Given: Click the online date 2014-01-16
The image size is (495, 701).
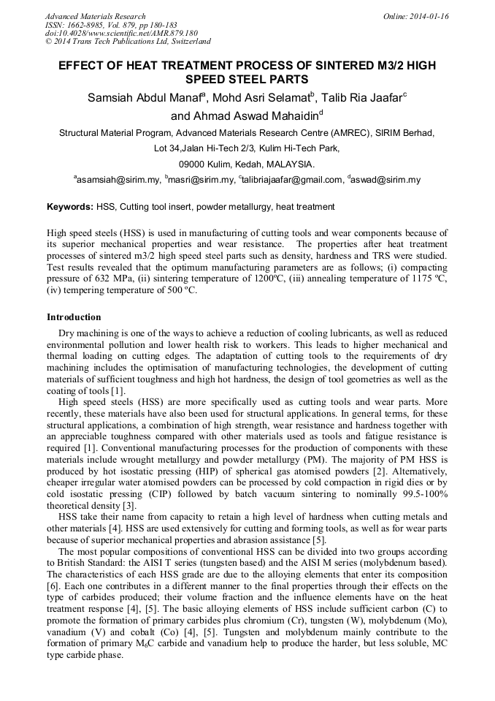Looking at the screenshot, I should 426,16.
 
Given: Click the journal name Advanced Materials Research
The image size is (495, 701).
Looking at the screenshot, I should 95,16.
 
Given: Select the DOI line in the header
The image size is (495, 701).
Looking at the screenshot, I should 120,34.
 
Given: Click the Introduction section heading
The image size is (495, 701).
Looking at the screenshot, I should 74,317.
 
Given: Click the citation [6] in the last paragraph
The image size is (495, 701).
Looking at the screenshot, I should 53,586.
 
